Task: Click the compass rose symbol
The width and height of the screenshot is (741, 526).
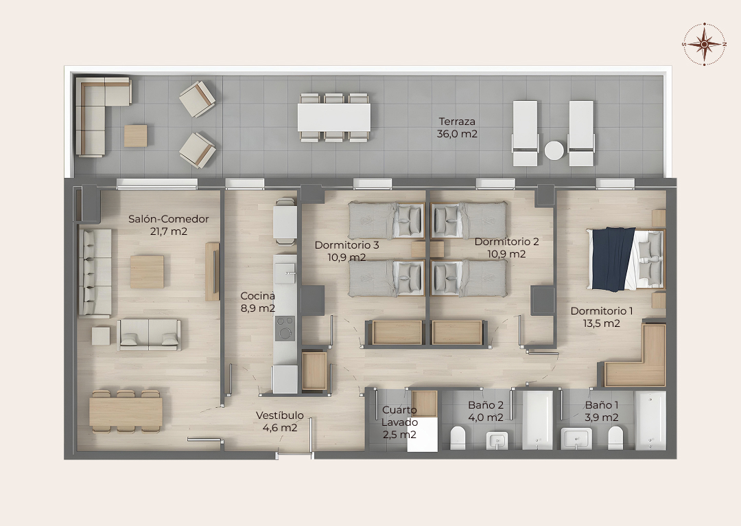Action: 704,44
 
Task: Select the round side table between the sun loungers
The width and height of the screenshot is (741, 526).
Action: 554,151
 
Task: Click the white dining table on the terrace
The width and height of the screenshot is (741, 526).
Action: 334,117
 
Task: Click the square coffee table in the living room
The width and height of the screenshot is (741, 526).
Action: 147,272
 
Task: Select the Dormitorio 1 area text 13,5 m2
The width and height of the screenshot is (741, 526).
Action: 602,323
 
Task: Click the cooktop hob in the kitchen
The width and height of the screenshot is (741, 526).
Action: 285,328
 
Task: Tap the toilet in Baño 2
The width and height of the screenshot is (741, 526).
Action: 458,438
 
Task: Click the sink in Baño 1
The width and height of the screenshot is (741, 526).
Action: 576,439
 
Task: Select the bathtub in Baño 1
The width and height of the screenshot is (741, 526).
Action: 650,420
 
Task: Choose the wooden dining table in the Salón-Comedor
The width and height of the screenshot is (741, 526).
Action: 126,411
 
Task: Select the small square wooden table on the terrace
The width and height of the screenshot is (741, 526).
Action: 136,136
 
